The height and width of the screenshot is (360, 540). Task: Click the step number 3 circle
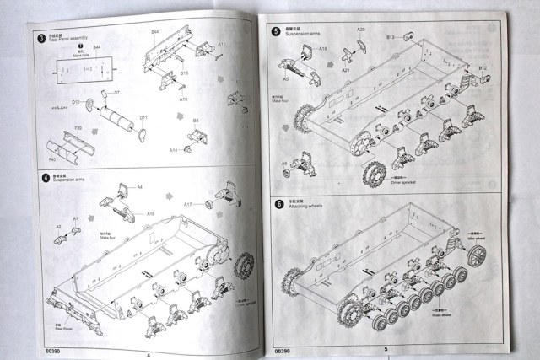tap(41, 38)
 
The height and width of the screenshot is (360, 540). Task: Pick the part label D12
tap(75, 102)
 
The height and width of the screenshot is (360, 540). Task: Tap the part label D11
tap(143, 118)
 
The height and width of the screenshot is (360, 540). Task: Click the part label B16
tap(184, 73)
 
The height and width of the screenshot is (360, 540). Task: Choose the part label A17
tap(188, 204)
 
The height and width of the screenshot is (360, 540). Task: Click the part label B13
tap(391, 37)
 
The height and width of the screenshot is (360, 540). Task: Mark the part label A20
tap(360, 30)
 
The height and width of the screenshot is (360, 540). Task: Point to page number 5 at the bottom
tap(385, 348)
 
